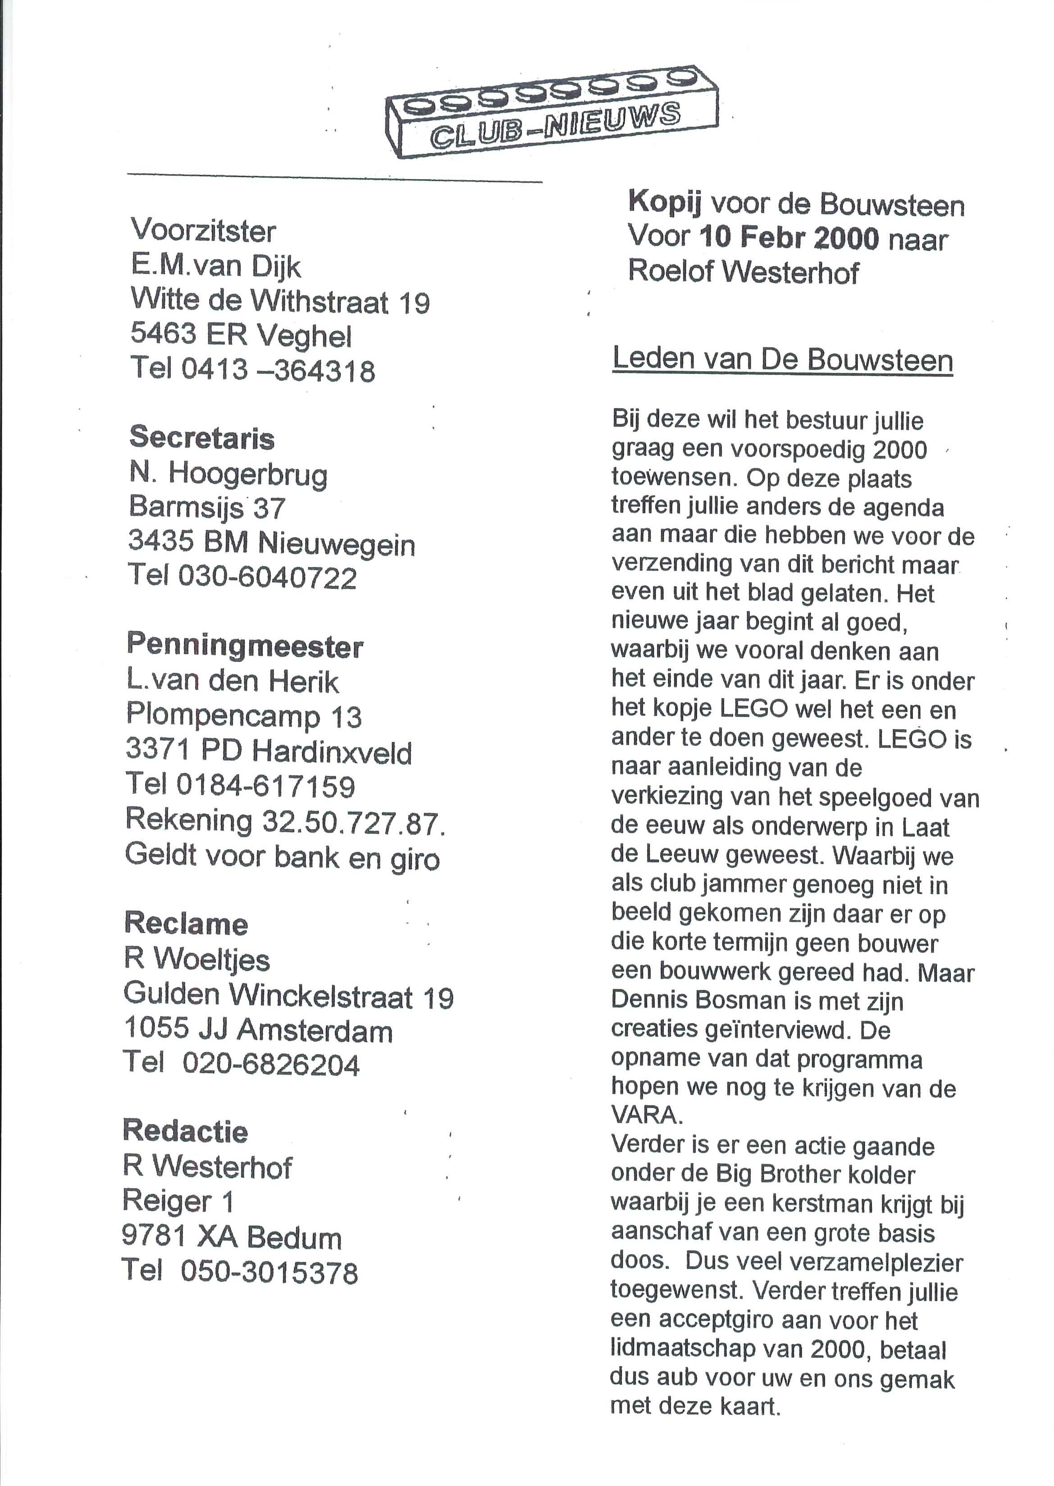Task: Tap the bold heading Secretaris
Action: tap(202, 438)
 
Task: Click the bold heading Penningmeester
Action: tap(245, 645)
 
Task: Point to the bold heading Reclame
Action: tap(186, 924)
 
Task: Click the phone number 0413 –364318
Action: tap(278, 371)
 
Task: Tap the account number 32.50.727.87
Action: tap(353, 821)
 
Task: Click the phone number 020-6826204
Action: tap(271, 1064)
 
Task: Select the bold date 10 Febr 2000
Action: tap(789, 239)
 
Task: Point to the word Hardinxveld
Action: tap(332, 752)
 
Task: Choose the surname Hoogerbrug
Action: tap(248, 476)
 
